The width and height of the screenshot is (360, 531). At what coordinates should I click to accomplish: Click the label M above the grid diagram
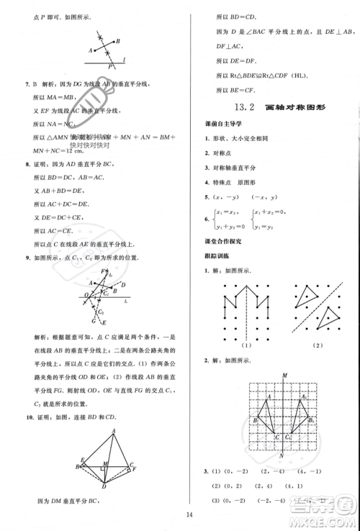click(x=286, y=375)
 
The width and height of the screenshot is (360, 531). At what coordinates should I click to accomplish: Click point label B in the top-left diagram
click(x=118, y=41)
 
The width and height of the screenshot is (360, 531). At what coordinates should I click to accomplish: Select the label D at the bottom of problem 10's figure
click(x=104, y=486)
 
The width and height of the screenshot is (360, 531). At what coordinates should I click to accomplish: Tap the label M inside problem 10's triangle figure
click(x=105, y=463)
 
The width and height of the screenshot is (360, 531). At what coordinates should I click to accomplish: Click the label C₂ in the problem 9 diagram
click(x=102, y=312)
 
